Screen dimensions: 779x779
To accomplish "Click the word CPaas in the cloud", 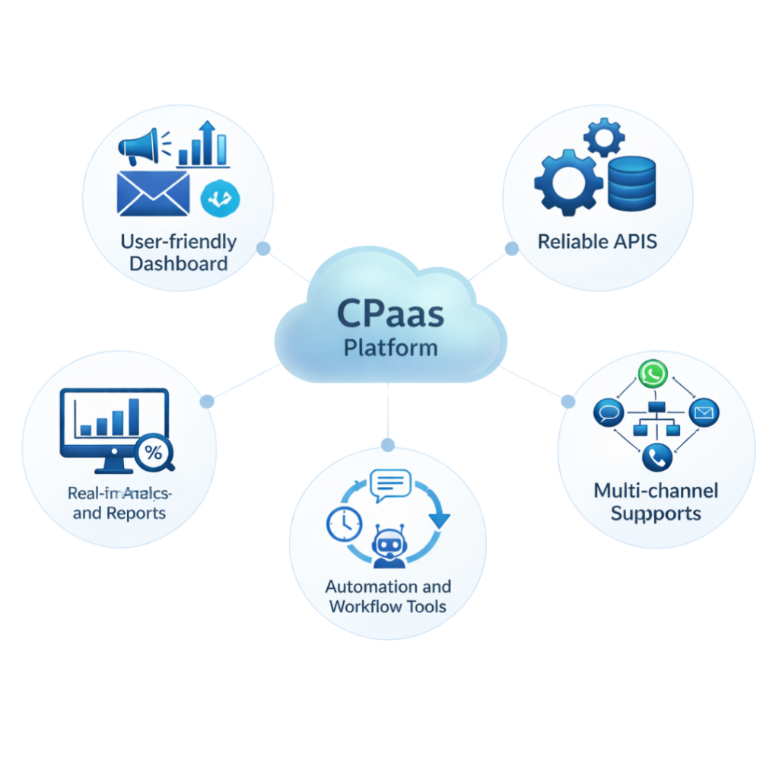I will click(x=389, y=314).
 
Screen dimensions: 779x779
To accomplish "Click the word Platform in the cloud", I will click(x=390, y=348).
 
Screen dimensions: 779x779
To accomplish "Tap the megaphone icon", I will click(x=138, y=146).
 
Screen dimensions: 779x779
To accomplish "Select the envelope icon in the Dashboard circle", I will click(x=153, y=194).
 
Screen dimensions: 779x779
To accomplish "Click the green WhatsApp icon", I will click(x=652, y=374).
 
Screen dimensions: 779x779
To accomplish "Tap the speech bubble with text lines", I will click(x=389, y=484).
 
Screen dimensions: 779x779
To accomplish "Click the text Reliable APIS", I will click(x=597, y=242).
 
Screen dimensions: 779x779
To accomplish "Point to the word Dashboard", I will click(x=178, y=264).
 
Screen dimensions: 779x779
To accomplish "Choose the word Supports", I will click(x=656, y=513).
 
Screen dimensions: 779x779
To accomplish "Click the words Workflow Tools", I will click(x=387, y=607).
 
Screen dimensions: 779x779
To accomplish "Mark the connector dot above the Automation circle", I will click(x=388, y=444).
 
